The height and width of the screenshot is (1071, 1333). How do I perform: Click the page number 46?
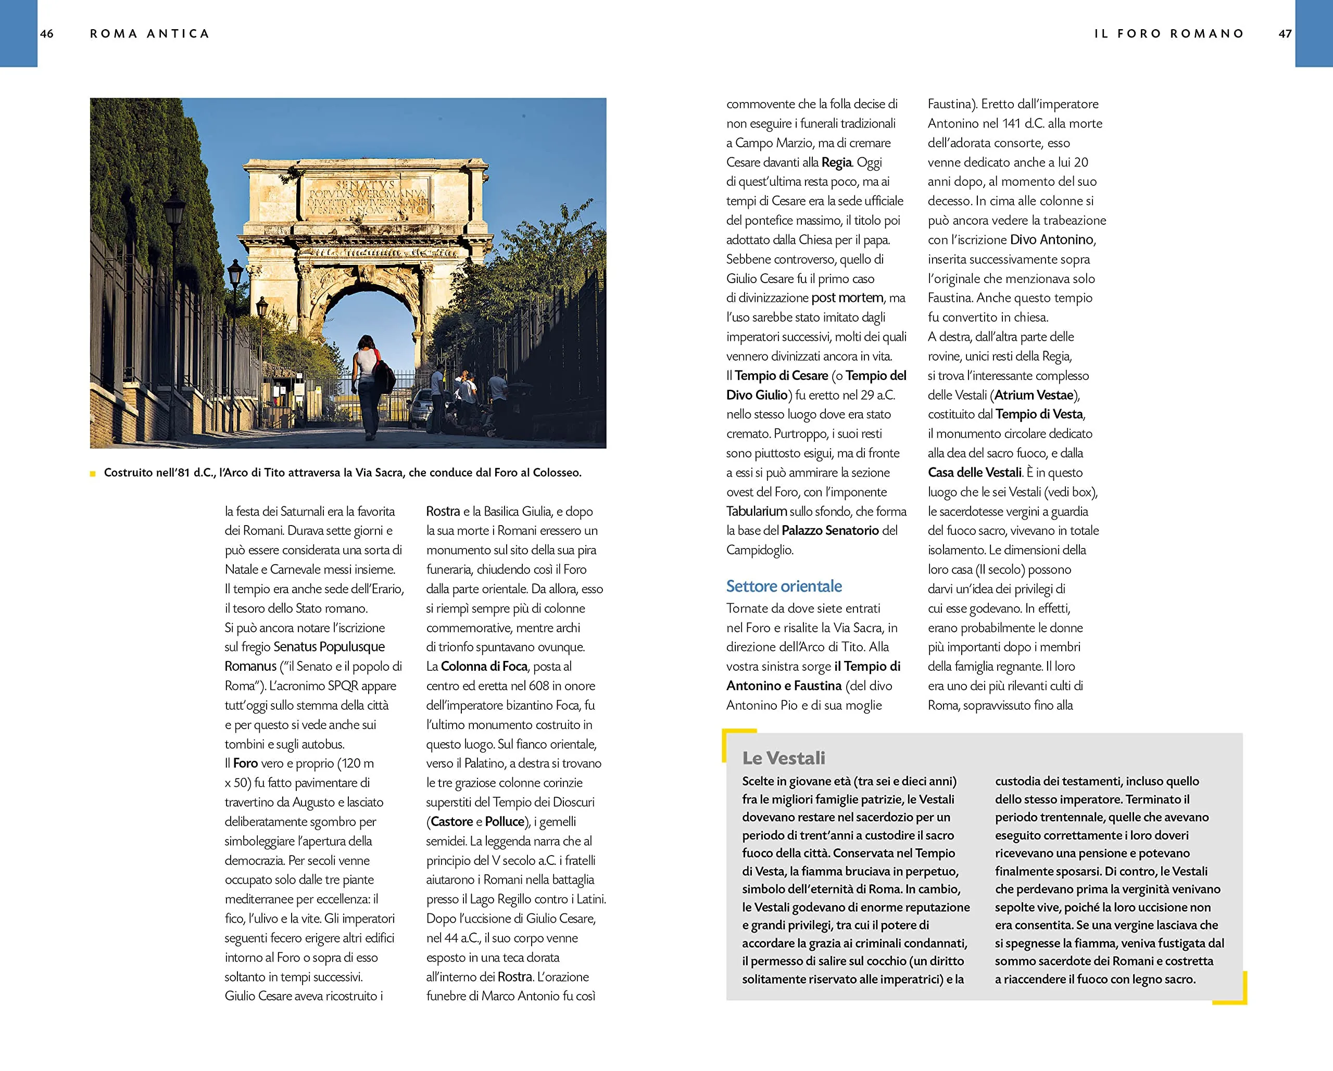tap(47, 34)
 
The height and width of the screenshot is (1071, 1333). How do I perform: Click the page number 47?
tap(1285, 34)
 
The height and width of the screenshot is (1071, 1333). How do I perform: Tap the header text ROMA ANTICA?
tap(149, 34)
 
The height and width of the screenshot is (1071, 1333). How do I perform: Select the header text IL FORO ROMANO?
tap(1169, 34)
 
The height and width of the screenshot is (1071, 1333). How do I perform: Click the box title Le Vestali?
tap(783, 758)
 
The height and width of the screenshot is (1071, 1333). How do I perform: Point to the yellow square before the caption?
tap(93, 474)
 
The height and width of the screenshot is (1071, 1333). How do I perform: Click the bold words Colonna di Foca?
tap(484, 666)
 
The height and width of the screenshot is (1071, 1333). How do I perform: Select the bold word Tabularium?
tap(756, 511)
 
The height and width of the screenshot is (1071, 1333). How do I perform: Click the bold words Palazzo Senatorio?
tap(829, 530)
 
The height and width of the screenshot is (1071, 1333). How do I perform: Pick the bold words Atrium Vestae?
tap(1034, 395)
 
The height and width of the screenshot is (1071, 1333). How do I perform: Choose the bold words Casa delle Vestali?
tap(974, 472)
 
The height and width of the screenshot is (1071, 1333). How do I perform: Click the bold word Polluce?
tap(505, 821)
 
